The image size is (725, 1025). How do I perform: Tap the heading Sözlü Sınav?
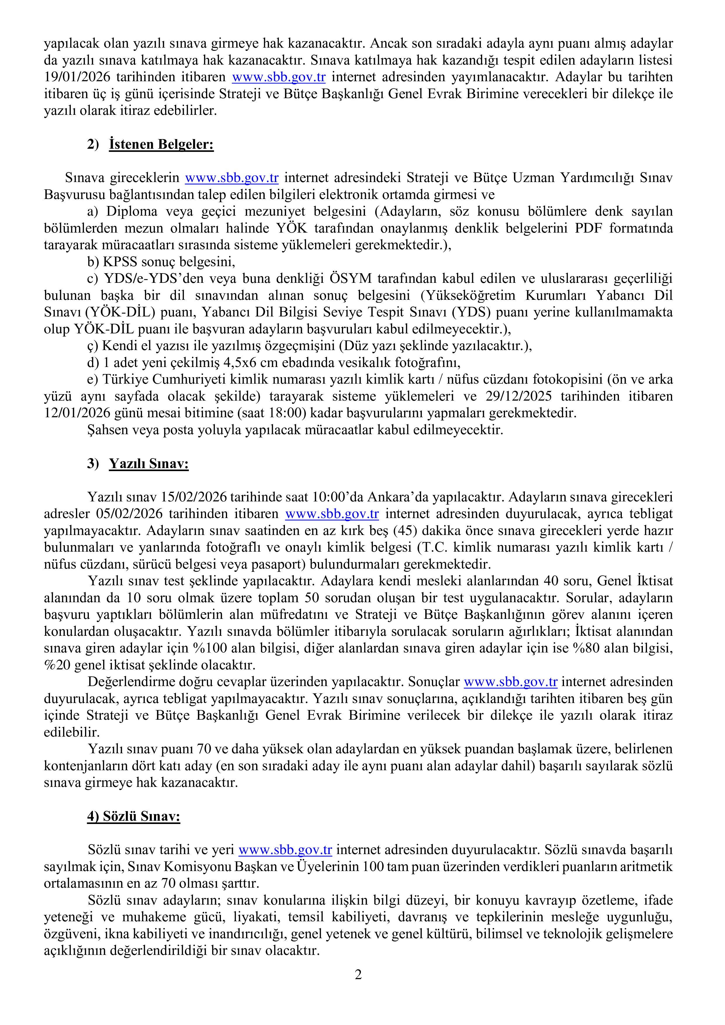134,816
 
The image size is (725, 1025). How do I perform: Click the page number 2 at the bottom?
358,987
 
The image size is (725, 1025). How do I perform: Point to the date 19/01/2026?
77,77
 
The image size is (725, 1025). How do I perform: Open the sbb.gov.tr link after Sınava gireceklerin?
232,178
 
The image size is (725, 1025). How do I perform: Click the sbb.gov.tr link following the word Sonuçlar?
511,682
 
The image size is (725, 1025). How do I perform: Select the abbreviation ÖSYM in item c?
350,278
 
